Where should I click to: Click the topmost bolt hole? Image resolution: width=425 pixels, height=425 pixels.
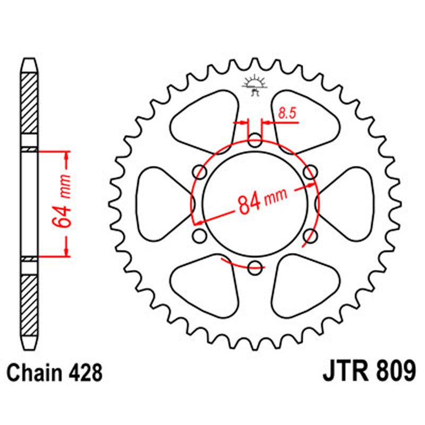coord(256,141)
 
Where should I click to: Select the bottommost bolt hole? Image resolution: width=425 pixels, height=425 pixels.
coord(256,267)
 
